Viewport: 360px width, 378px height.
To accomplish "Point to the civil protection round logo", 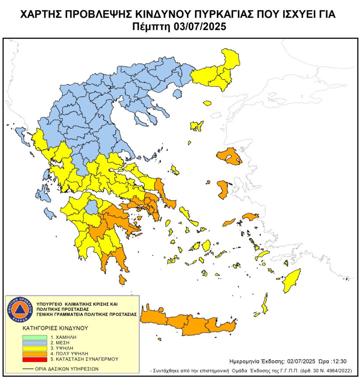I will [20, 309].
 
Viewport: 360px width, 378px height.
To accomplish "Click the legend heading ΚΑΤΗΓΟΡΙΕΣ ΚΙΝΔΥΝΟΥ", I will [55, 328].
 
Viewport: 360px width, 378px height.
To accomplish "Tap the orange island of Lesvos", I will [229, 156].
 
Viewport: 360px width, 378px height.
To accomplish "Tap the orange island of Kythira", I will [122, 280].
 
